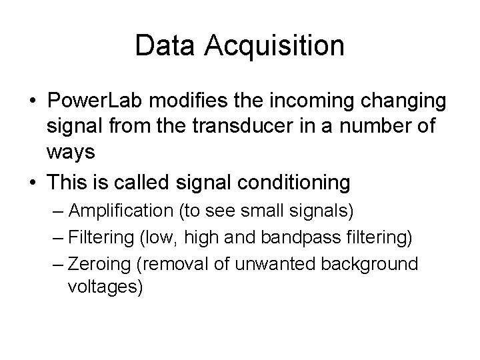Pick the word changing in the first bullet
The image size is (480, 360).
405,103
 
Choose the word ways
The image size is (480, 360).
71,152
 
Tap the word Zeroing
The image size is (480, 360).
95,263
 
